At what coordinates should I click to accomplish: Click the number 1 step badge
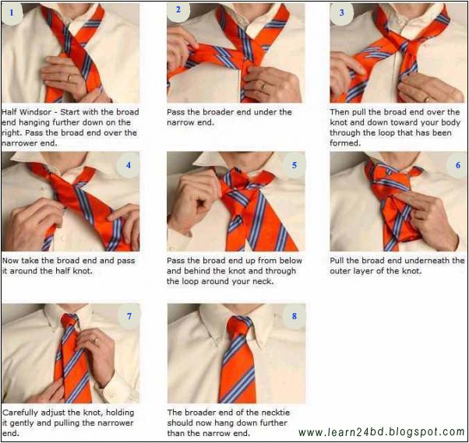(x=12, y=13)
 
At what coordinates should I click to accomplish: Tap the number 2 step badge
(x=178, y=11)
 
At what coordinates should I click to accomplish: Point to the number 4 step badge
(x=129, y=165)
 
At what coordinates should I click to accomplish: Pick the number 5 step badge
(x=294, y=165)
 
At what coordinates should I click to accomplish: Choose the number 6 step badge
(x=457, y=165)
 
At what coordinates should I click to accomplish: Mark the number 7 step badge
(x=129, y=315)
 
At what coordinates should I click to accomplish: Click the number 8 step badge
(x=294, y=315)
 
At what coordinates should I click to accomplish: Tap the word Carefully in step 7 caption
(x=21, y=412)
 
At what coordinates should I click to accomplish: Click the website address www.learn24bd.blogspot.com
(x=381, y=432)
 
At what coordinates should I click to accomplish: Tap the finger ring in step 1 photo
(x=69, y=77)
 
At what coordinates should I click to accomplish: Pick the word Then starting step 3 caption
(x=340, y=112)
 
